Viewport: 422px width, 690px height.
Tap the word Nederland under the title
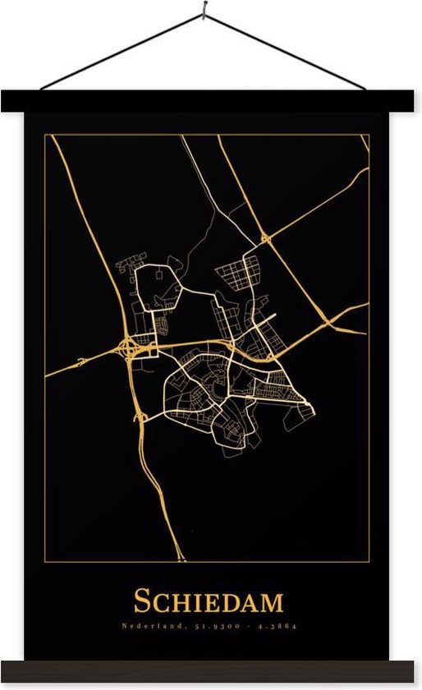pos(146,626)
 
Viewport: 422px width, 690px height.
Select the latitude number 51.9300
pos(212,626)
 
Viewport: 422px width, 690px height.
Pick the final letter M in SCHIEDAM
pos(272,601)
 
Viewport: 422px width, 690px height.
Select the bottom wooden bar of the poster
pos(211,673)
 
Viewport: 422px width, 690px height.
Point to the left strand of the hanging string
pos(123,48)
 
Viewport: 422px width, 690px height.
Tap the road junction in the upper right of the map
pos(265,238)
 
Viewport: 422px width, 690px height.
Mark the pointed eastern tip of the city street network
pos(313,409)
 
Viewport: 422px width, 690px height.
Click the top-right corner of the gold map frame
pos(369,135)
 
